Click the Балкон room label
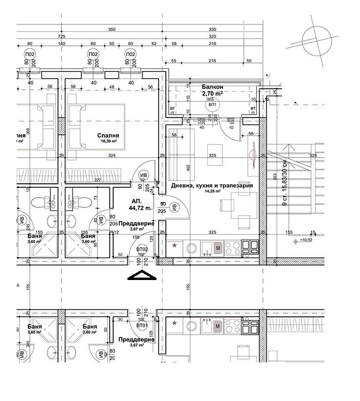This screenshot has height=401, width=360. [x=212, y=85]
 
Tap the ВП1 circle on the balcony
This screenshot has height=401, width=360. [x=212, y=104]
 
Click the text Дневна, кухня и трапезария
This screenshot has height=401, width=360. [x=212, y=186]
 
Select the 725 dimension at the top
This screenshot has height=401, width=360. [x=61, y=37]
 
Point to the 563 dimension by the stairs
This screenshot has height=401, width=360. [x=274, y=178]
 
